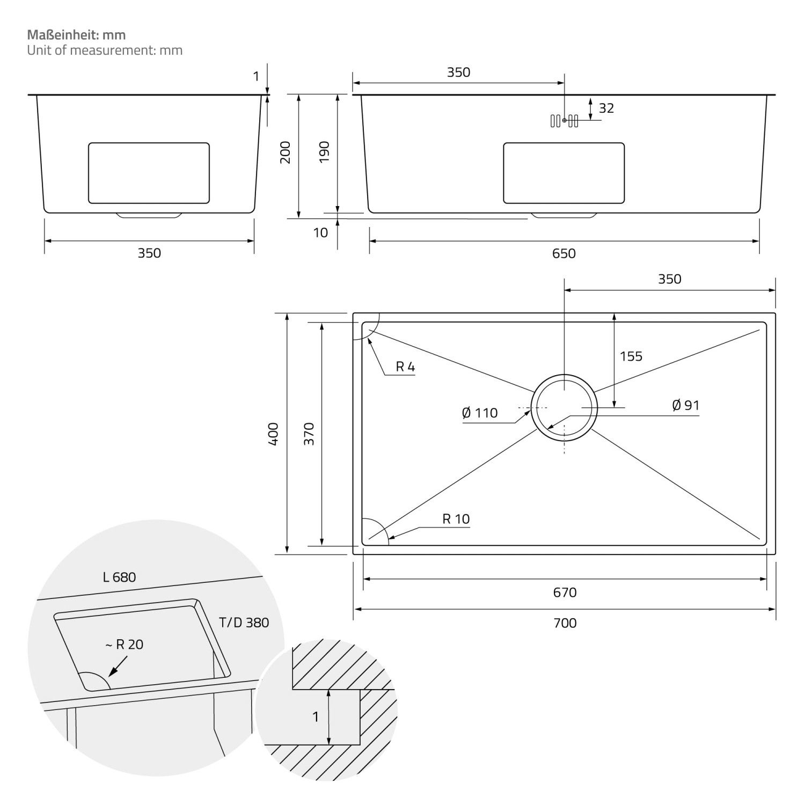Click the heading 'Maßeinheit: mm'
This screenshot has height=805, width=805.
click(x=76, y=35)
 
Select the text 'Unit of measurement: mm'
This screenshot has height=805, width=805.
click(x=105, y=50)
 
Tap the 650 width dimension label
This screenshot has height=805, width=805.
click(x=563, y=253)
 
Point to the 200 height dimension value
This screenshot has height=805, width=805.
click(x=286, y=152)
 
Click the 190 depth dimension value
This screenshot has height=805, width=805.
click(x=324, y=152)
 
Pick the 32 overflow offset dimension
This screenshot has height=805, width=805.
click(x=606, y=108)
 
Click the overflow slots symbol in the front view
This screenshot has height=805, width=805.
click(x=564, y=121)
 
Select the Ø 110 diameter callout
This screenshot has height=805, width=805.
click(x=479, y=413)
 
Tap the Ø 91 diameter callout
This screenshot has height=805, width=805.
click(x=685, y=405)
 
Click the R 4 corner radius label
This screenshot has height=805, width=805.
click(x=405, y=367)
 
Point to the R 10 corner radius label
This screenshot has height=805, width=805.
click(x=456, y=519)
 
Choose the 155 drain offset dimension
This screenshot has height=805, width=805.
click(x=631, y=356)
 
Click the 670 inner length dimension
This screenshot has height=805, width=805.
click(x=565, y=592)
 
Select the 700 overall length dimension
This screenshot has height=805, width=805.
click(x=565, y=623)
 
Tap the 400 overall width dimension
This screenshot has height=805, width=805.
click(x=273, y=434)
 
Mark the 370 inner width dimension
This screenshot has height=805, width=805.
click(x=309, y=434)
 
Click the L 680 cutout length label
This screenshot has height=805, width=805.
click(x=119, y=577)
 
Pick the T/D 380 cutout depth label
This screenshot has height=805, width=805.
click(x=244, y=623)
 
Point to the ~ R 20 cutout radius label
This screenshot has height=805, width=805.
click(x=125, y=645)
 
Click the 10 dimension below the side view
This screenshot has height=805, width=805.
click(x=320, y=233)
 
